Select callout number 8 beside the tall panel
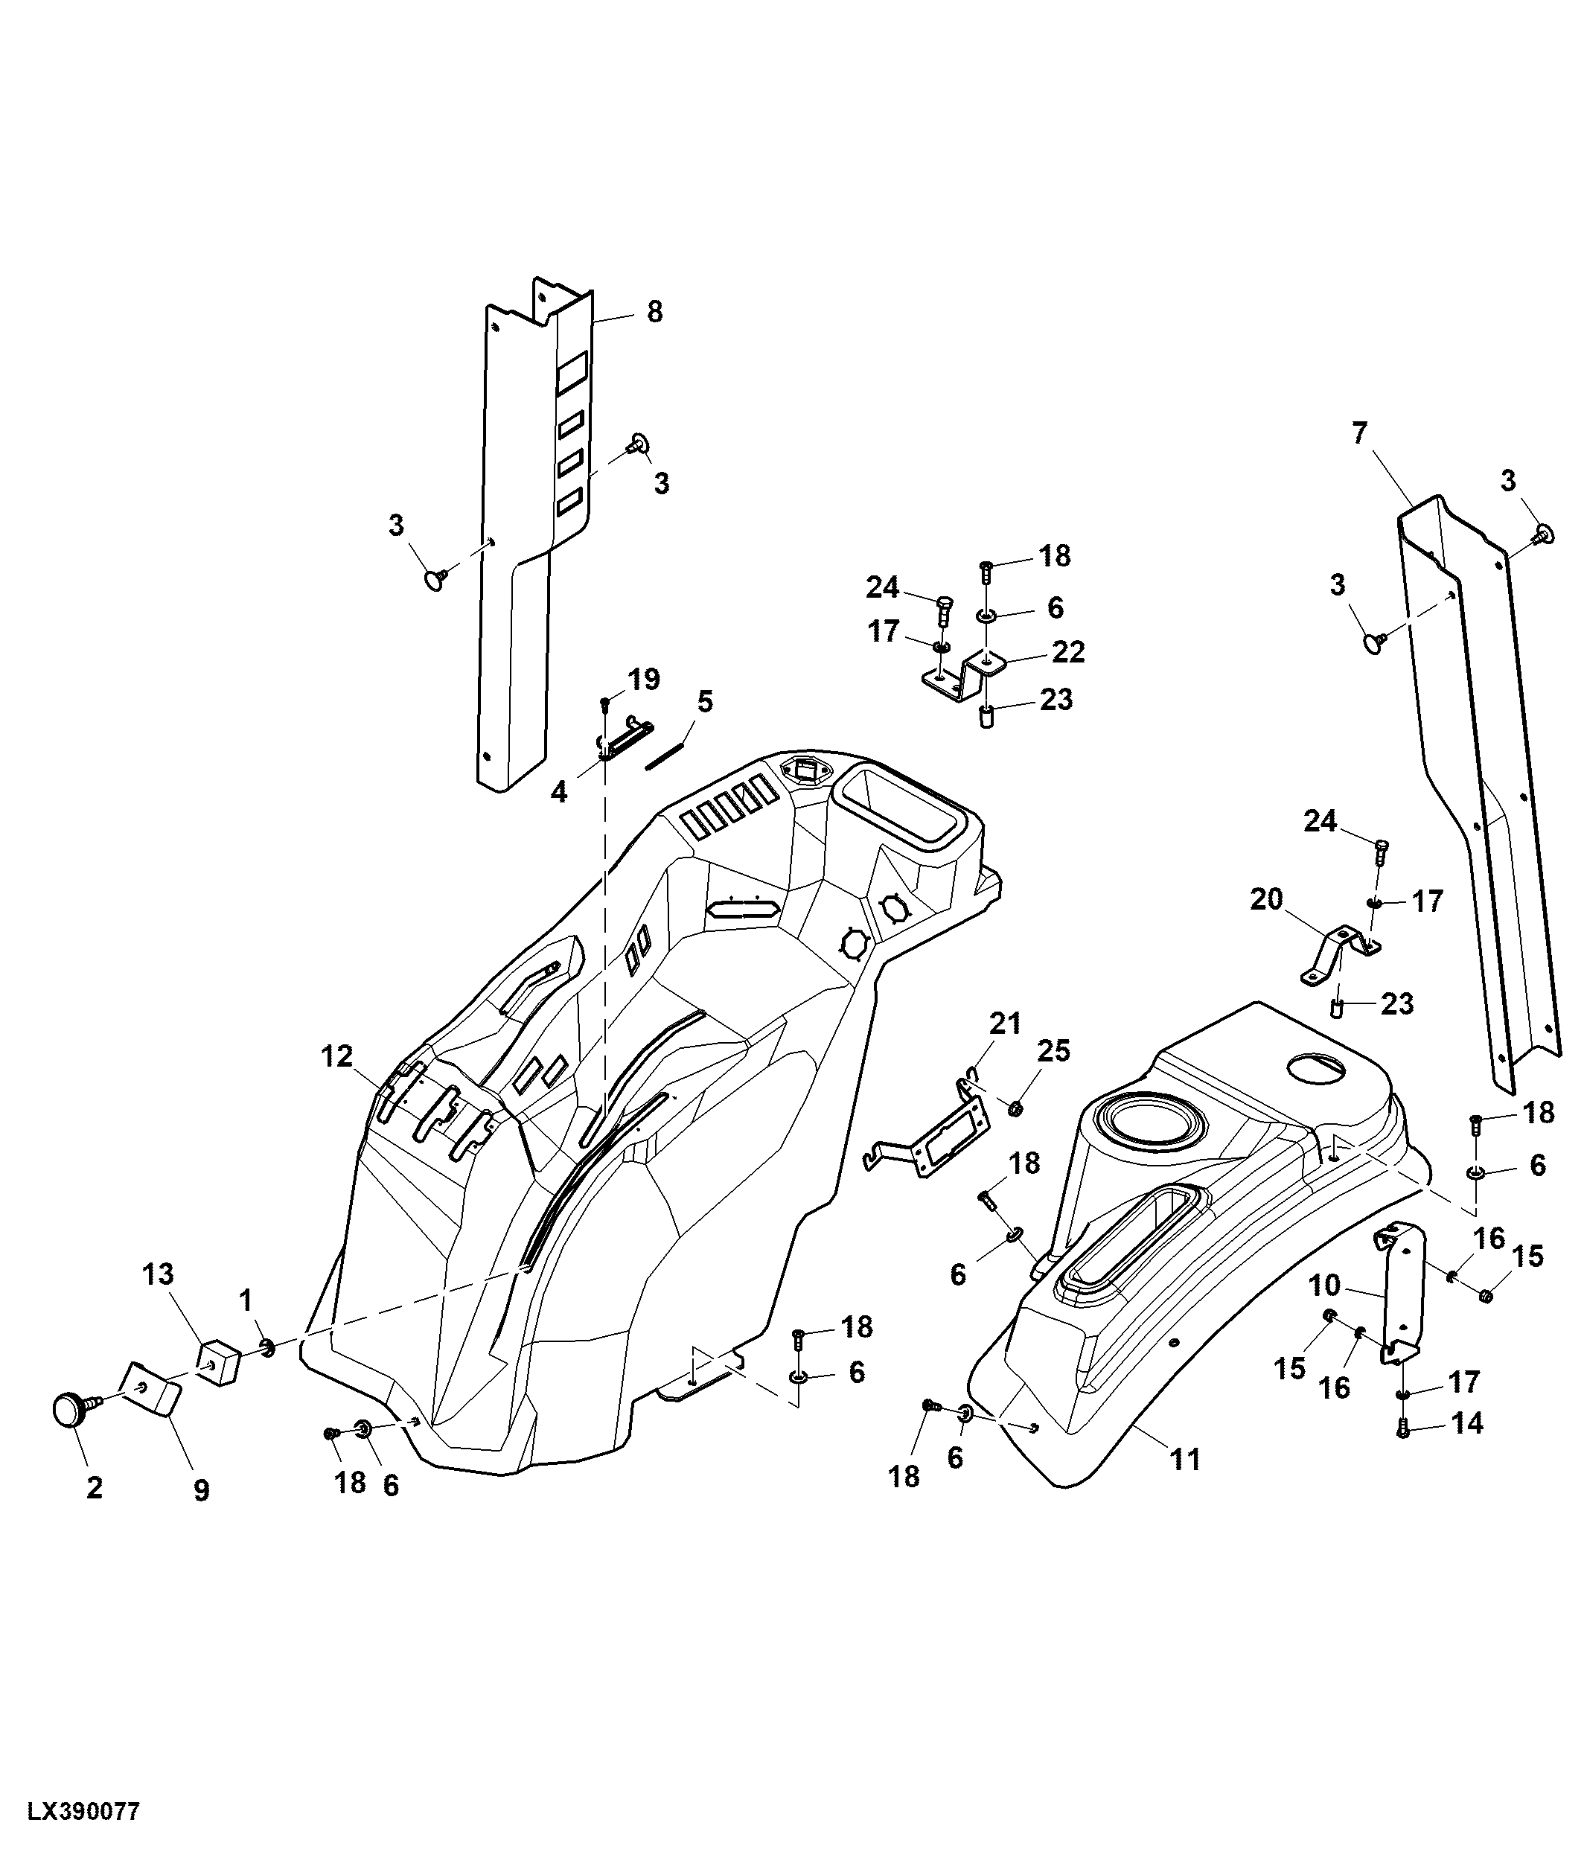(654, 313)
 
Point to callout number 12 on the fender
(337, 1056)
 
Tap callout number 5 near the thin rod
(704, 701)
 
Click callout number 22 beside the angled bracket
(1068, 651)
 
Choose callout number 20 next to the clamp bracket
(1265, 898)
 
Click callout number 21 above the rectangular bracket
(1005, 1024)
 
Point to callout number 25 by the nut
(1053, 1051)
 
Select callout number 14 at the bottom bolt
(1467, 1423)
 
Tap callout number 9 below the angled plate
(202, 1489)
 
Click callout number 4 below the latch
(558, 791)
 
